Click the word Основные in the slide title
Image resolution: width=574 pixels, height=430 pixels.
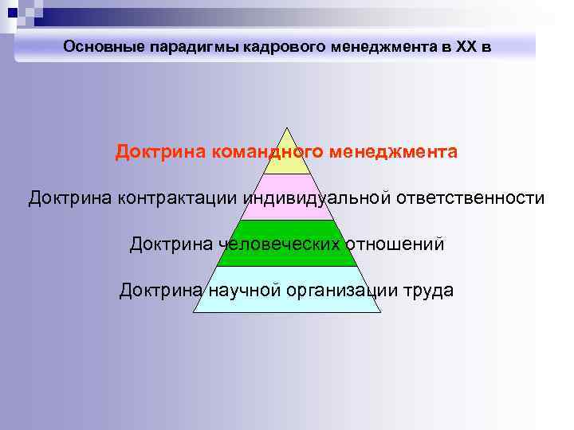coord(101,47)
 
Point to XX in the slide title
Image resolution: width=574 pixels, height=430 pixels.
coord(467,47)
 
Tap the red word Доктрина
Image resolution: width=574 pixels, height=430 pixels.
coord(159,151)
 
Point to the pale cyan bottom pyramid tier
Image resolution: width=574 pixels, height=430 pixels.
coord(287,303)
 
